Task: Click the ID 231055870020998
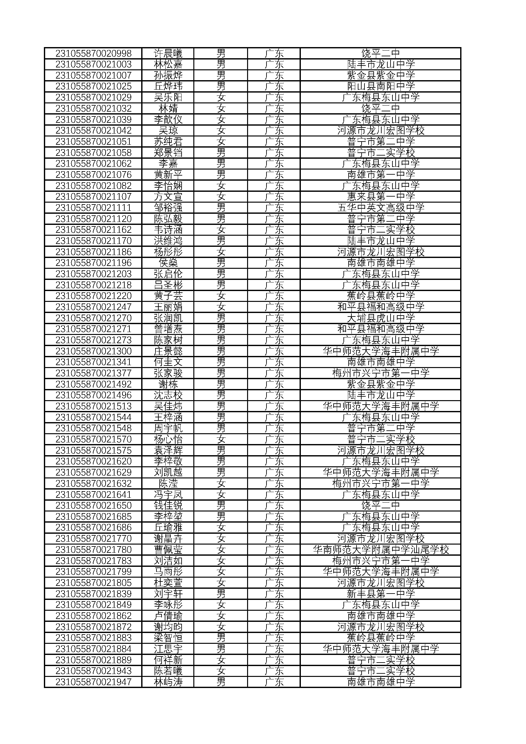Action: [93, 53]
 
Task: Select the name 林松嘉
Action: [168, 64]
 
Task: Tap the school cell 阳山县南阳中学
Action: [381, 86]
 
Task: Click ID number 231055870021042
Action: [93, 131]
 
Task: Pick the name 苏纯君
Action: [168, 142]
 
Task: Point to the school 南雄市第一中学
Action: [381, 175]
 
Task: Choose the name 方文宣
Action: [168, 197]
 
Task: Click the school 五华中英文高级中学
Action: [381, 208]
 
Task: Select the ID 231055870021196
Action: [93, 263]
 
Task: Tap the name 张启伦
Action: [168, 274]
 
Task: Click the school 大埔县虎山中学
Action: [381, 318]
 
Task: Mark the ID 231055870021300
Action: [93, 351]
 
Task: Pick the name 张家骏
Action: [168, 373]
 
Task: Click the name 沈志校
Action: [168, 395]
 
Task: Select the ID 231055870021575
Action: [93, 450]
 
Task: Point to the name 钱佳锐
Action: [168, 505]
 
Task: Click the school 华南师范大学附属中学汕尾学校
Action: [381, 550]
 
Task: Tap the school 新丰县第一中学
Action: [381, 594]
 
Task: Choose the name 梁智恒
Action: [168, 638]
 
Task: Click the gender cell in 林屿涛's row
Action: [221, 682]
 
